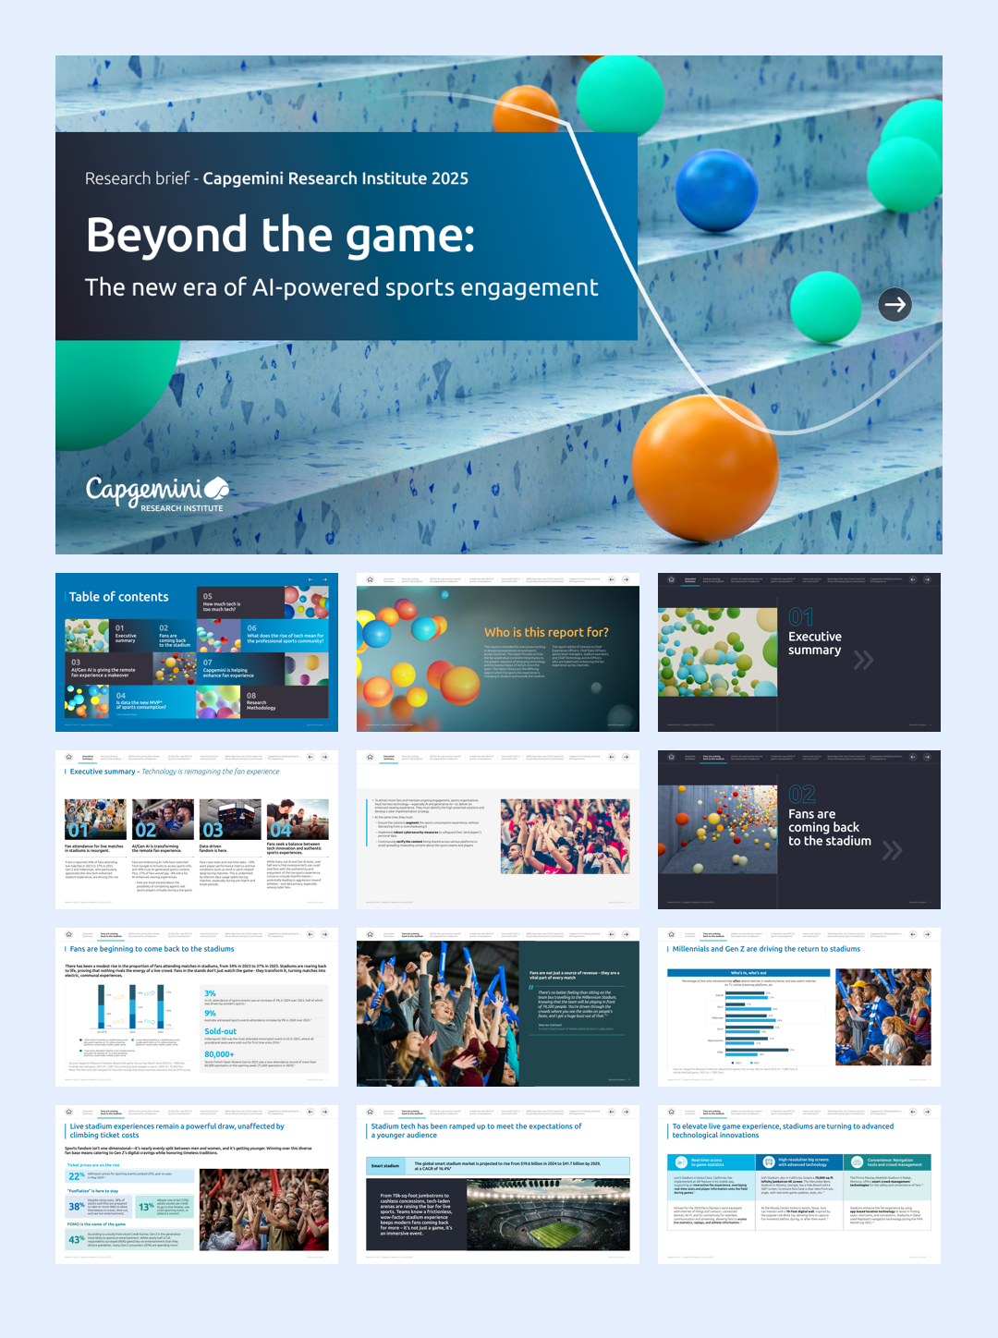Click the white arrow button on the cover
tap(895, 304)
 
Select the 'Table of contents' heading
tap(119, 597)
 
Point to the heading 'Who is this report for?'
tap(546, 632)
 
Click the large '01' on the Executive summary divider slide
tap(800, 617)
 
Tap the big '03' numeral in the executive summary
tap(213, 829)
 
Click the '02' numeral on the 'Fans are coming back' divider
tap(801, 795)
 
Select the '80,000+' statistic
tap(219, 1053)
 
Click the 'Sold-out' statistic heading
tap(220, 1031)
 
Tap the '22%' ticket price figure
tap(76, 1176)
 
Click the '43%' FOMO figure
tap(76, 1239)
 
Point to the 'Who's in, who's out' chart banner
tap(748, 973)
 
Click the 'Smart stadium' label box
tap(385, 1165)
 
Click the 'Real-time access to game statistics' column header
tap(707, 1162)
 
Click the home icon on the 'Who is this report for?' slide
tap(370, 579)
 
